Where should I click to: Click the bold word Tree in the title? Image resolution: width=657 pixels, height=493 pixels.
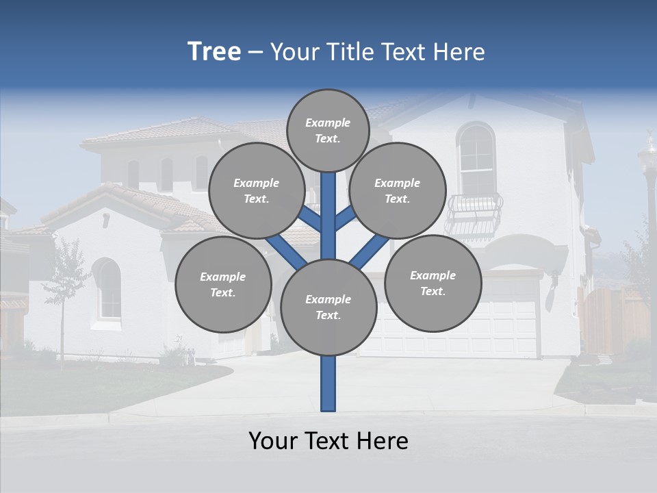pyautogui.click(x=214, y=52)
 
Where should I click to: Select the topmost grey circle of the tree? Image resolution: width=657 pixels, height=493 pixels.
pyautogui.click(x=328, y=130)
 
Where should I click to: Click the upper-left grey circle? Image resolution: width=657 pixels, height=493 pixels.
pyautogui.click(x=256, y=190)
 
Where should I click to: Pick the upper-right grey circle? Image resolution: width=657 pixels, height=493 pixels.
pyautogui.click(x=397, y=190)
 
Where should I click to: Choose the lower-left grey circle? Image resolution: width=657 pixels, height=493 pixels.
pyautogui.click(x=222, y=284)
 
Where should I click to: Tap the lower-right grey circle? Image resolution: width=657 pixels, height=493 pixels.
pyautogui.click(x=433, y=283)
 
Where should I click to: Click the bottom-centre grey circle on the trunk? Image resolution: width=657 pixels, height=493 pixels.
pyautogui.click(x=328, y=307)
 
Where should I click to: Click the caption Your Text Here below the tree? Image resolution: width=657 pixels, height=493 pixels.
pyautogui.click(x=328, y=441)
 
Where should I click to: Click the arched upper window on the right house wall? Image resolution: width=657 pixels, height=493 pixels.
pyautogui.click(x=476, y=159)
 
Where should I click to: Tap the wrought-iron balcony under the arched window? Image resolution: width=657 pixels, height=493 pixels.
pyautogui.click(x=473, y=214)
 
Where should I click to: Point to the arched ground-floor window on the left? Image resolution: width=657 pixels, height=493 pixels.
pyautogui.click(x=108, y=290)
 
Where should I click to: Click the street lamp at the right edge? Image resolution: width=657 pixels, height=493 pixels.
pyautogui.click(x=647, y=178)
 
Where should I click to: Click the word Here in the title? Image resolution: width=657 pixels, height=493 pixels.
pyautogui.click(x=458, y=52)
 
